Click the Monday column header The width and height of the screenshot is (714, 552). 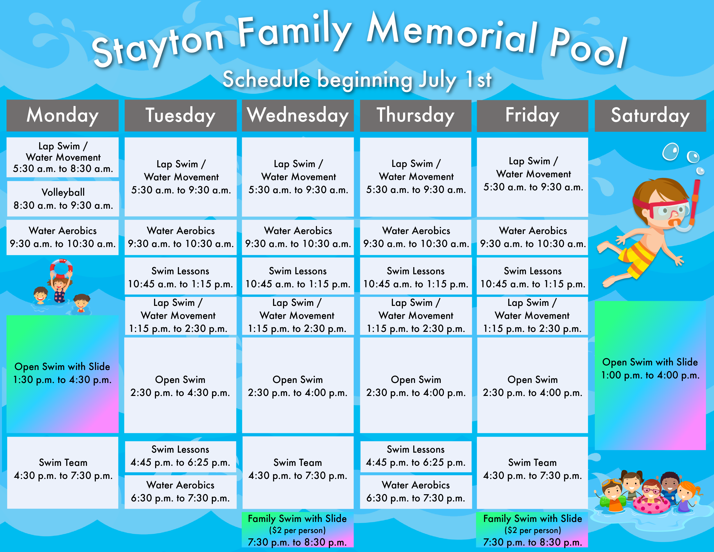[x=63, y=115]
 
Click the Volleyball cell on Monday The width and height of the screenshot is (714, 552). [x=63, y=199]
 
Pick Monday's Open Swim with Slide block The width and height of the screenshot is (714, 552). [x=63, y=374]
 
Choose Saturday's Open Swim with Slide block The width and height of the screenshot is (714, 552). [x=650, y=375]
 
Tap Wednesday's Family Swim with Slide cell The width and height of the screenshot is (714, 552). [x=297, y=530]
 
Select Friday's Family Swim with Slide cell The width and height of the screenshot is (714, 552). [x=532, y=530]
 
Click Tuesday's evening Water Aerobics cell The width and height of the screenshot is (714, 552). [x=180, y=492]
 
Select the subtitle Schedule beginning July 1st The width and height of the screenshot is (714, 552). [x=357, y=79]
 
